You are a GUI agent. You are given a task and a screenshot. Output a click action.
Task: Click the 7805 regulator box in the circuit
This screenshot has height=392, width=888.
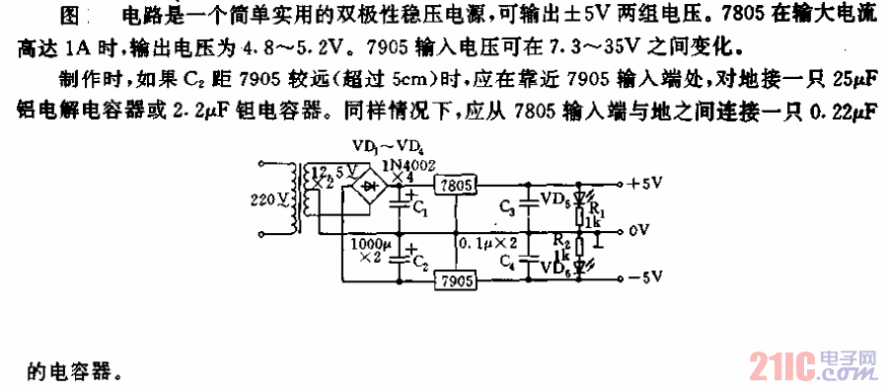pos(455,186)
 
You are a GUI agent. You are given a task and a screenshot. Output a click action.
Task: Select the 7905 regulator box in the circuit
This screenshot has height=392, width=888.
pos(455,281)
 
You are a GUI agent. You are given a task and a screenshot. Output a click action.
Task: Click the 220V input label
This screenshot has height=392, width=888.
pos(266,199)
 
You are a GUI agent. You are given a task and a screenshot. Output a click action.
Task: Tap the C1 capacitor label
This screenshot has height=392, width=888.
pos(419,209)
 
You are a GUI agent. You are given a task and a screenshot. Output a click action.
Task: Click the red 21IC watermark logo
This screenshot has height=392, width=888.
pos(778,364)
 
